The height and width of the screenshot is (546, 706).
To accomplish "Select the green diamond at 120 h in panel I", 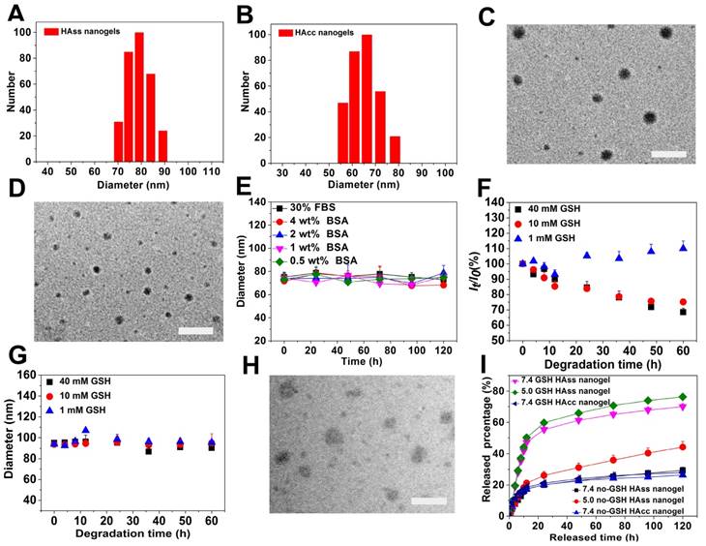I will pos(682,397).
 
